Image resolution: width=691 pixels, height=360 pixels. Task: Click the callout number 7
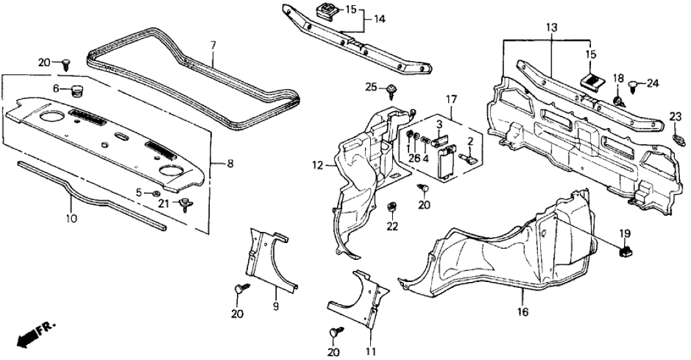[x=212, y=45]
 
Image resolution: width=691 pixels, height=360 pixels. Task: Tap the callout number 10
[x=71, y=218]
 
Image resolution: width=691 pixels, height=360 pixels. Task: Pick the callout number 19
[x=624, y=233]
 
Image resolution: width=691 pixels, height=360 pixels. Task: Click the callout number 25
[x=371, y=87]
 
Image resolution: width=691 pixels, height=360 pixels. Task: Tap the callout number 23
[x=675, y=116]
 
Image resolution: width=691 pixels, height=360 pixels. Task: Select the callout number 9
[x=275, y=305]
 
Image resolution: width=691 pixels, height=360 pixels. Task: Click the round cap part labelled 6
[x=80, y=90]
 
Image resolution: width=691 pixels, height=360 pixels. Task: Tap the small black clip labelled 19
[x=627, y=248]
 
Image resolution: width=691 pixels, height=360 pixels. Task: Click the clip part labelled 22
[x=392, y=207]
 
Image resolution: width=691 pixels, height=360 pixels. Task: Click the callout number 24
[x=653, y=83]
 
